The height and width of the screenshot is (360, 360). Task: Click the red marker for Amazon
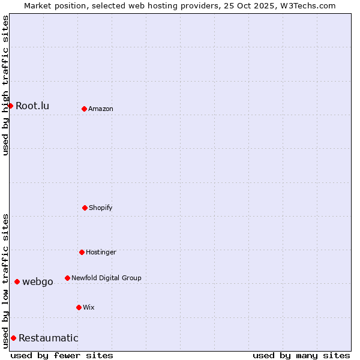coord(84,109)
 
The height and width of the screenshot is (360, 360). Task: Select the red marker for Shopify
coord(85,208)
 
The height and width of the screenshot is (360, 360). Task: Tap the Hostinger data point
coord(82,252)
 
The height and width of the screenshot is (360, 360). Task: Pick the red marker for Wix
coord(79,307)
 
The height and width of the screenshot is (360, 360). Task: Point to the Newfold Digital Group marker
coord(67,278)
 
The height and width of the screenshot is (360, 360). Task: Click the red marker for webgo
coord(17,281)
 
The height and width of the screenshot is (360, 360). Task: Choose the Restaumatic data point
coord(13,338)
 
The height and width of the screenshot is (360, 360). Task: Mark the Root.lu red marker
coord(10,106)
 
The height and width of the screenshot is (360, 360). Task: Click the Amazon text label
coord(101,109)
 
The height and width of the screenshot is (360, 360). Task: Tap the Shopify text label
coord(101,208)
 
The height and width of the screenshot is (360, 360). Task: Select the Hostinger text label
coord(101,252)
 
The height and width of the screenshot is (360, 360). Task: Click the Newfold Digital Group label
coord(106,278)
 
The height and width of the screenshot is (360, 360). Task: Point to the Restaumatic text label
coord(49,338)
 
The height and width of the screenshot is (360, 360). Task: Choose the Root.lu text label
coord(32,106)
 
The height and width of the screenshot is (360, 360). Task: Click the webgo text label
coord(38,281)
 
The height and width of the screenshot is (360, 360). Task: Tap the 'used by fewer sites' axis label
coord(62,355)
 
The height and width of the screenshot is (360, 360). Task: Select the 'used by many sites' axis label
coord(301,355)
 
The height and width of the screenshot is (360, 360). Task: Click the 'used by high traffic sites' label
coord(5,85)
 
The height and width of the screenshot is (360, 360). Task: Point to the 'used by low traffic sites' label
coord(5,281)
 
